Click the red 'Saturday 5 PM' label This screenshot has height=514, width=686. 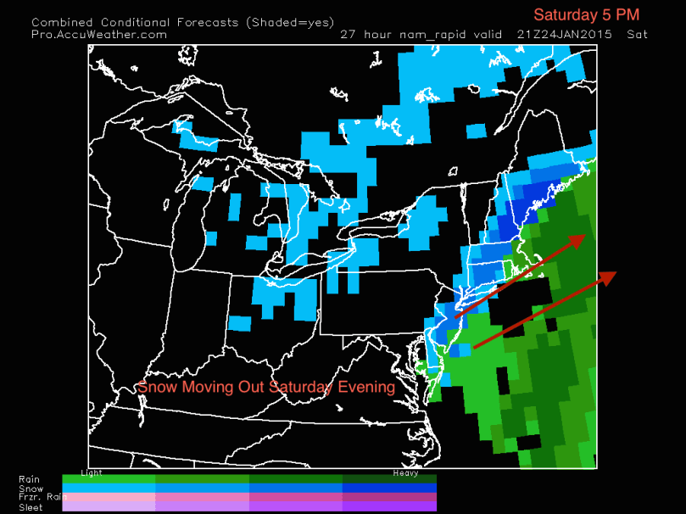(585, 14)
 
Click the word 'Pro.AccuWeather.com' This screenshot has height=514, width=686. (99, 34)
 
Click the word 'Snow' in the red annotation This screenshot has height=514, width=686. (155, 387)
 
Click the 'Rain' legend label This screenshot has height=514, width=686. (29, 479)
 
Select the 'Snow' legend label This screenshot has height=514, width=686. (31, 489)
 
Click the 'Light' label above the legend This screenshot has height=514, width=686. (91, 472)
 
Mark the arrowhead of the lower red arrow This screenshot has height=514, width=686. (608, 278)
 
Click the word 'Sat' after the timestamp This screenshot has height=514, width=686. (637, 34)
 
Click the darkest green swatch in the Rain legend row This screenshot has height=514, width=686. (389, 479)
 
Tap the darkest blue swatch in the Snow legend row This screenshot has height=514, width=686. (389, 489)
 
